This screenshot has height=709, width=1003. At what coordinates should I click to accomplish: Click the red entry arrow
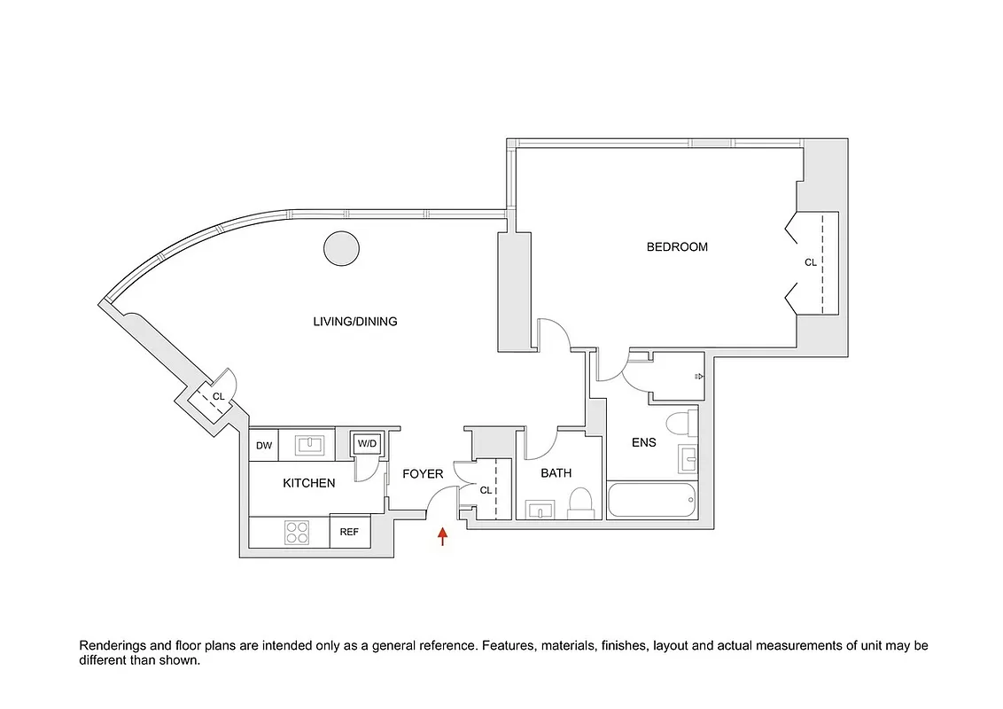tap(443, 536)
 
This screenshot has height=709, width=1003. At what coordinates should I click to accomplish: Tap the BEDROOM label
tap(677, 247)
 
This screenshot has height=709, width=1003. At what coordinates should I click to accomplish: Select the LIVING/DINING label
tap(355, 322)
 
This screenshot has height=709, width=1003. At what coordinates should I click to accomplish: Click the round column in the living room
tap(341, 248)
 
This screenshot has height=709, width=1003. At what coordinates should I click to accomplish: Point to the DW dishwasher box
tap(264, 446)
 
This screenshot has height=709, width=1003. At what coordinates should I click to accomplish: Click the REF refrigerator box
tap(350, 532)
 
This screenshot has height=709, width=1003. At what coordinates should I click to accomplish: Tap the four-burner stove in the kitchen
tap(297, 532)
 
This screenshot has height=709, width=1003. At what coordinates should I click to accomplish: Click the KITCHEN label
tap(308, 483)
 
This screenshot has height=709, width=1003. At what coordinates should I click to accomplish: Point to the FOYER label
tap(423, 474)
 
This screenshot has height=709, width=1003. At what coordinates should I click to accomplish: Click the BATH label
tap(556, 473)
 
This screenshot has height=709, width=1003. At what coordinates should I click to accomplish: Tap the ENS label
tap(644, 442)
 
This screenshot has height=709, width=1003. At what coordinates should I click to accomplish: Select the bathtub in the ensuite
tap(652, 501)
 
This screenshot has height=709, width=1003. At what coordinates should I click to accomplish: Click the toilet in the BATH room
tap(580, 503)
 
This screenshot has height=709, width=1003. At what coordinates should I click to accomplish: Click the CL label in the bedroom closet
tap(810, 262)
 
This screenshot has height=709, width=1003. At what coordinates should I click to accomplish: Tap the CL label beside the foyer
tap(486, 489)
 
